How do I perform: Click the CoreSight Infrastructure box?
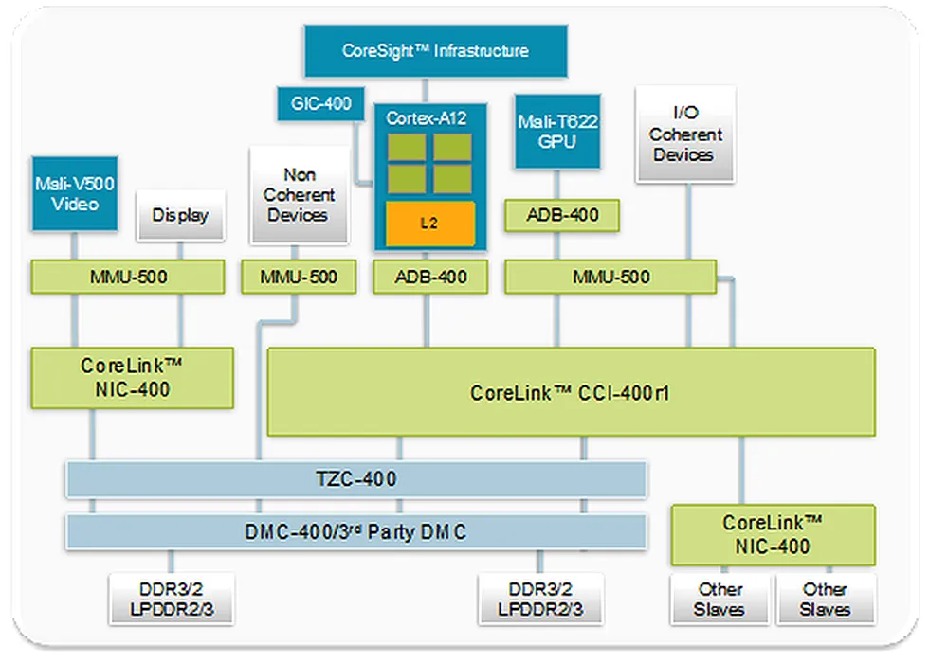(435, 51)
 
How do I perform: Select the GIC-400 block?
(321, 103)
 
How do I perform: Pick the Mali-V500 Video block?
(75, 193)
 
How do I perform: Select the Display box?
(180, 215)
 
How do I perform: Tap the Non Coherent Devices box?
(297, 195)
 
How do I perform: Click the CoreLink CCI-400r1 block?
(570, 392)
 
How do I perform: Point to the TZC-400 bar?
(355, 479)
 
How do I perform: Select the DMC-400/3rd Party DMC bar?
(355, 532)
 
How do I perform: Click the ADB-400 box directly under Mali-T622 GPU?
(561, 215)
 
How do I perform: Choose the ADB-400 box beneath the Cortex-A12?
(429, 278)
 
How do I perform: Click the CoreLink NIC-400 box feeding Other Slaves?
(774, 535)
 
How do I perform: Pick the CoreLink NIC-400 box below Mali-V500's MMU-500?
(132, 377)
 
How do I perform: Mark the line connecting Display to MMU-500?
(180, 249)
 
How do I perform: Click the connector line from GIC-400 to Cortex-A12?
(357, 152)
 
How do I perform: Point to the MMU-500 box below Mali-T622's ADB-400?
(610, 278)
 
